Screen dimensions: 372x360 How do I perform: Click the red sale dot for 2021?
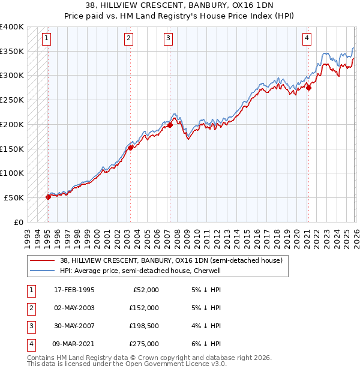tap(308, 88)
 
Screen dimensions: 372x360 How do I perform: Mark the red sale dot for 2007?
tap(170, 125)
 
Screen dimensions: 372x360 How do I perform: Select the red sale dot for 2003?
tap(130, 148)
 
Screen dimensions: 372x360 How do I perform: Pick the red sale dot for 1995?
tap(48, 196)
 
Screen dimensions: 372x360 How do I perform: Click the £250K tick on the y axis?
tap(12, 100)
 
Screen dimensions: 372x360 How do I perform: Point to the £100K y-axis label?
tap(12, 173)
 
